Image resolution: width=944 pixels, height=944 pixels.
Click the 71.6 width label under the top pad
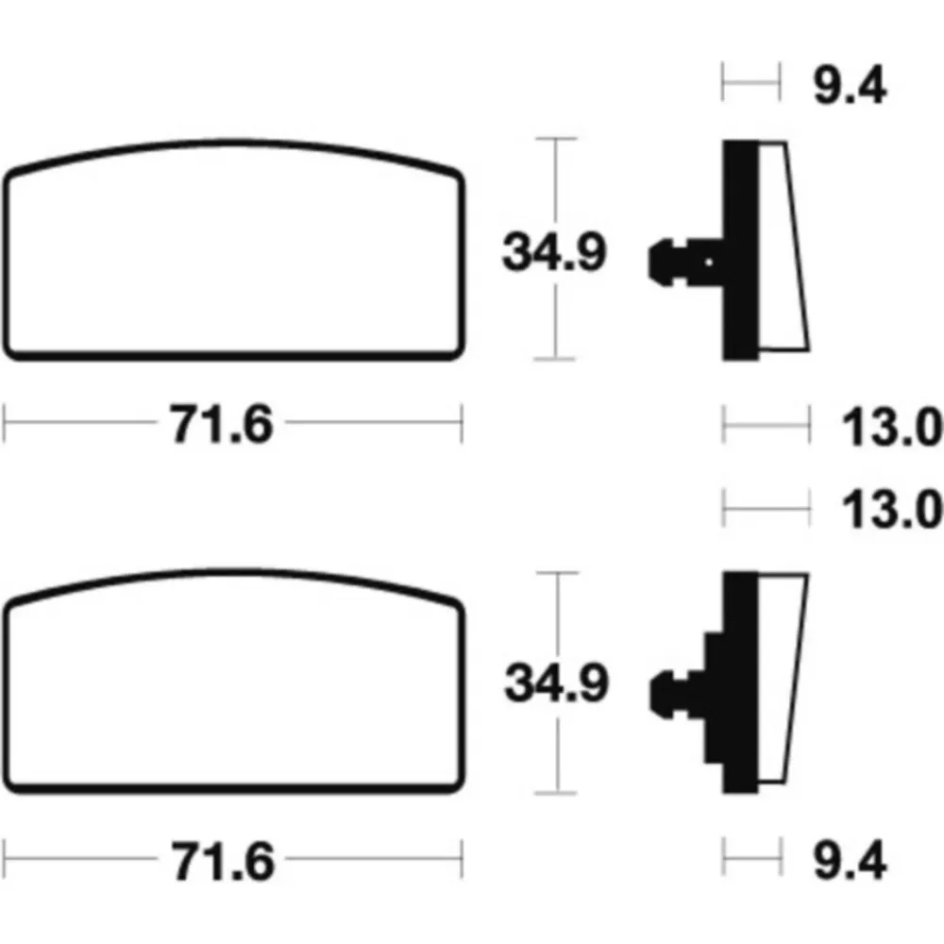coord(221,425)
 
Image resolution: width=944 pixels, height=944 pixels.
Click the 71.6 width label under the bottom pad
coord(224,862)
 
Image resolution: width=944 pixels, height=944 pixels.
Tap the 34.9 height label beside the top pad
coord(554,252)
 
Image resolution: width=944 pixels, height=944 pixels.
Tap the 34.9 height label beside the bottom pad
coord(557,683)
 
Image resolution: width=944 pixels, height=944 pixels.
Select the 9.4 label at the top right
coord(850,86)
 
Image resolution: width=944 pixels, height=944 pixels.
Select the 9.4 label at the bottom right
coord(850,860)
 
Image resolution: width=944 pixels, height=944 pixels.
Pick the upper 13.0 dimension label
coord(892,427)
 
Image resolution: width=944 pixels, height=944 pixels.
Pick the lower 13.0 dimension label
coord(892,510)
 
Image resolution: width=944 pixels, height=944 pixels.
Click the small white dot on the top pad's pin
coord(709,261)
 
